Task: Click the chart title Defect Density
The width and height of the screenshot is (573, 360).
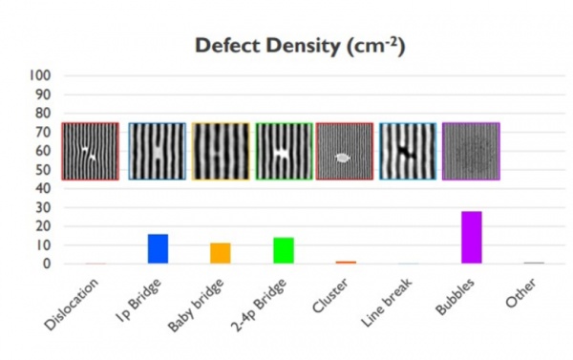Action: (x=300, y=46)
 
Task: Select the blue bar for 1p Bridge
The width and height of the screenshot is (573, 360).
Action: (x=158, y=248)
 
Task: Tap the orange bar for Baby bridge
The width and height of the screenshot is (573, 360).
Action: (x=221, y=253)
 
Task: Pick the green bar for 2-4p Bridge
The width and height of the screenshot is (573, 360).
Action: (x=284, y=250)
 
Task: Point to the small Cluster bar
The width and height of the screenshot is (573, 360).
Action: (x=346, y=262)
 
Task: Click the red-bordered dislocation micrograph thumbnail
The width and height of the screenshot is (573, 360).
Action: (x=91, y=151)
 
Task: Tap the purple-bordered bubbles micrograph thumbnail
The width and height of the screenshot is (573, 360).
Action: (x=471, y=151)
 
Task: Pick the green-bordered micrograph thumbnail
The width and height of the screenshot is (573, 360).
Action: (x=284, y=151)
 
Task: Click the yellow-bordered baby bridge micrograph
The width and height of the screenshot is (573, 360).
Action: (x=221, y=151)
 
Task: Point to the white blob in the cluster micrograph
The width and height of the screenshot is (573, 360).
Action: (x=344, y=158)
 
